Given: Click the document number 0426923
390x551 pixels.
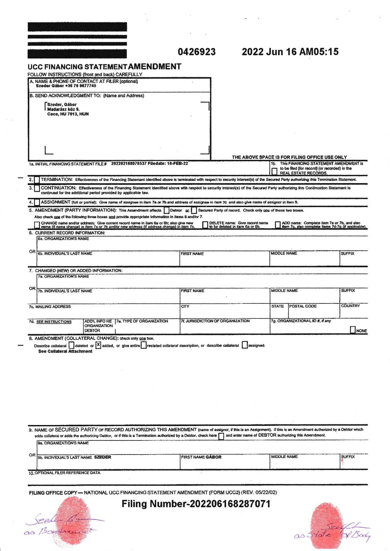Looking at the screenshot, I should point(197,52).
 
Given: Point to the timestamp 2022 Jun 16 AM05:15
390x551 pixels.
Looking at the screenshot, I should point(290,52).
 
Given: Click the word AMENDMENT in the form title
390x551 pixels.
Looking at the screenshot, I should point(155,67).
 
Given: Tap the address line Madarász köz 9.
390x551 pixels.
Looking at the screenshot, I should point(64,109).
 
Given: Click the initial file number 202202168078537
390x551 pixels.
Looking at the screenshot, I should point(129,163).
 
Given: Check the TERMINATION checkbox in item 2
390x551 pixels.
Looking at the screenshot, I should point(37,180).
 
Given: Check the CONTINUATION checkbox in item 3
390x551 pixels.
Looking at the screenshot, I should point(37,188).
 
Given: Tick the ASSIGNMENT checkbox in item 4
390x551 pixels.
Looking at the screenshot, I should point(37,203).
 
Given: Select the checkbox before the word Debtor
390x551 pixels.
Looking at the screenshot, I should point(166,210).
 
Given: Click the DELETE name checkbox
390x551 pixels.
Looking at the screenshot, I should point(205,225).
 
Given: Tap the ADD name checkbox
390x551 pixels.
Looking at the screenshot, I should point(278,225).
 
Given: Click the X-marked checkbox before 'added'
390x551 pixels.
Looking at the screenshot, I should point(98,345).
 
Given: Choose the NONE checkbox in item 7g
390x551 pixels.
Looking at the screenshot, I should point(353,330).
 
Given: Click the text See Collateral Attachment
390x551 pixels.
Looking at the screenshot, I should point(65,351).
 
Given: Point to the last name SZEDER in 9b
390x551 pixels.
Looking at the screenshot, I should point(103,457).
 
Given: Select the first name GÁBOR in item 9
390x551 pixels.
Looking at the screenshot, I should point(214,457).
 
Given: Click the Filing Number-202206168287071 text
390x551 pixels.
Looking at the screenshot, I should point(196,504).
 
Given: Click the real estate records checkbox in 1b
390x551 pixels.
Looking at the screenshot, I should point(275,171).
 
